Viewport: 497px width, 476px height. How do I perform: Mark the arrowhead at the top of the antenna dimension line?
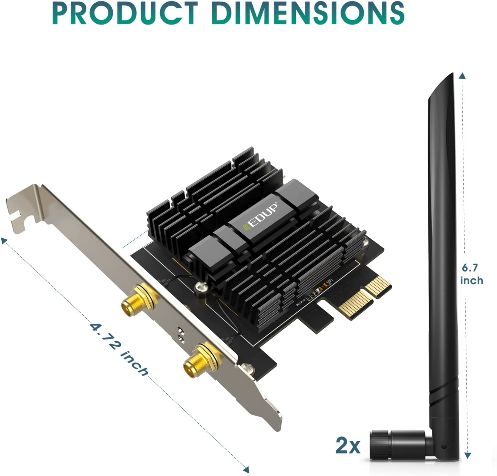pyautogui.click(x=462, y=76)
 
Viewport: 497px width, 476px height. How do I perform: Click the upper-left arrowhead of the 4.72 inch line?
pyautogui.click(x=4, y=241)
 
